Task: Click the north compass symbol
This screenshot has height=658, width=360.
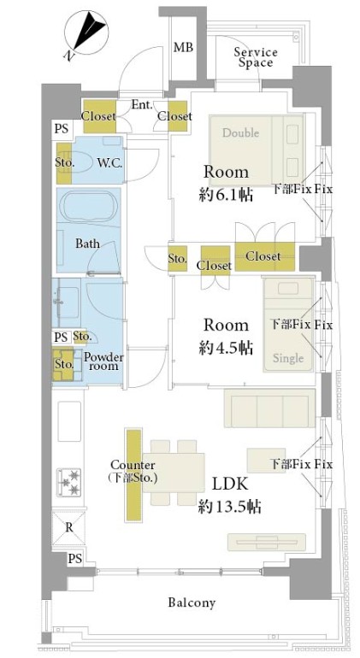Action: point(86,32)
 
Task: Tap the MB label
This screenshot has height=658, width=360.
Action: point(184,47)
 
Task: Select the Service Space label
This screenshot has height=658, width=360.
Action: point(256,57)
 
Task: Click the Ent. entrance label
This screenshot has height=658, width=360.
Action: point(142,105)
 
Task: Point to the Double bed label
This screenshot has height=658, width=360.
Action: point(240,133)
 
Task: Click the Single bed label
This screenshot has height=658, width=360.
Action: point(288,358)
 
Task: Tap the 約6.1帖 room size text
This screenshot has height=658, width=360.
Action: point(226,194)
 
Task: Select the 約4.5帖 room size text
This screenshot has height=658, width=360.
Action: point(226,348)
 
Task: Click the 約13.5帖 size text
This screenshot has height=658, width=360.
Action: point(230,507)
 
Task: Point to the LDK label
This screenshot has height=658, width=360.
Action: point(230,485)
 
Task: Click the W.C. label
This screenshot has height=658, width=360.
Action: point(109,163)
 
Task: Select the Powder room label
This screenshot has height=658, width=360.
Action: point(103,361)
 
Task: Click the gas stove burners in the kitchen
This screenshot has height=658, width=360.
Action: point(69,482)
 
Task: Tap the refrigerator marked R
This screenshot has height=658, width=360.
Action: point(68,527)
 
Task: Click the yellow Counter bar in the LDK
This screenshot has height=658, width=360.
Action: point(134,474)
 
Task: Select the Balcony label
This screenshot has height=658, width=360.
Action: point(192,603)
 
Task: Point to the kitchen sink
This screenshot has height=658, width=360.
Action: point(69,421)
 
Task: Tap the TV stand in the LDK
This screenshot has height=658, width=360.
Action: point(267,542)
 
